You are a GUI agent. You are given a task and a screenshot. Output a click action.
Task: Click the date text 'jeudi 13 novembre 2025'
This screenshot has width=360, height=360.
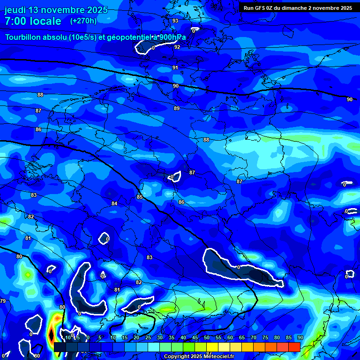[56, 10]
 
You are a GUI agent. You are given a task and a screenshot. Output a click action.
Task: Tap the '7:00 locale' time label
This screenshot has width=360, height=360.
[33, 21]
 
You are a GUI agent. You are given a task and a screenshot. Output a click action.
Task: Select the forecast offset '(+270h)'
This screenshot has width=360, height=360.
[83, 21]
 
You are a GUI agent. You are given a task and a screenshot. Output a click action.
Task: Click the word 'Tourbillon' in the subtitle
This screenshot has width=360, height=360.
[24, 37]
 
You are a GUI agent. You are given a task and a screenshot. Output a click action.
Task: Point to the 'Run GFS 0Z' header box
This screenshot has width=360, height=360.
[298, 7]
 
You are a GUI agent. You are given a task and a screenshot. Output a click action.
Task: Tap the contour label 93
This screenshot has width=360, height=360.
[175, 21]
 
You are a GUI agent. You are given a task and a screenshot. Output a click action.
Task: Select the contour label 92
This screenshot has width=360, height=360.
[177, 47]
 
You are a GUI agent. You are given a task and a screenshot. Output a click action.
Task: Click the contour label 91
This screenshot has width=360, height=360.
[175, 67]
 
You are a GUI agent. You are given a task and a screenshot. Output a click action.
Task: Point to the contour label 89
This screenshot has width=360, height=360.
[177, 108]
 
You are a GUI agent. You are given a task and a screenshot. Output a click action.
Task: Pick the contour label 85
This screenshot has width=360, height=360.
[140, 197]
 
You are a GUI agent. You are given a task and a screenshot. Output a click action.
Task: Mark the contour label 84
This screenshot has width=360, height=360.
[114, 203]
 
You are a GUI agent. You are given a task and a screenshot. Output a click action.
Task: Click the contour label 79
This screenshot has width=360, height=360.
[3, 301]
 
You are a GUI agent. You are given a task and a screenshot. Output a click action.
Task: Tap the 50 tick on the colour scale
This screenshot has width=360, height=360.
[206, 337]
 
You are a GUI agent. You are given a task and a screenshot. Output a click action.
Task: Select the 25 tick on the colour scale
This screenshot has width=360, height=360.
[148, 337]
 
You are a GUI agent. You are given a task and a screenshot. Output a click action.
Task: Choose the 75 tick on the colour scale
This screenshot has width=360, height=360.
[265, 337]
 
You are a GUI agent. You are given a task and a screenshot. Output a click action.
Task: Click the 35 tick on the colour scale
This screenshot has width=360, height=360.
[171, 337]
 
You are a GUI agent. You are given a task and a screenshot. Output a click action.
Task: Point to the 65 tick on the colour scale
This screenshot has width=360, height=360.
[241, 337]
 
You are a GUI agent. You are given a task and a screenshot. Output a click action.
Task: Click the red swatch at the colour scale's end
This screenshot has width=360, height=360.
[294, 347]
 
